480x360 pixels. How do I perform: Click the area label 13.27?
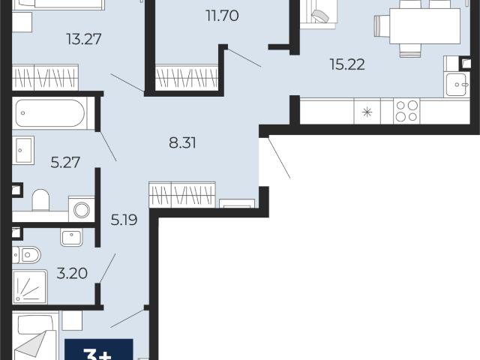(x=83, y=39)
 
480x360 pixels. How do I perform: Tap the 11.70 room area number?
(x=223, y=16)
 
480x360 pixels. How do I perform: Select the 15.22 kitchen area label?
(x=347, y=64)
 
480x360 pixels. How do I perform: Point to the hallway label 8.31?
(x=182, y=143)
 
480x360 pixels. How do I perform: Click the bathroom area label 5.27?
(x=65, y=163)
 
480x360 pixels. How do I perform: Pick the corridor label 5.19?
(x=124, y=220)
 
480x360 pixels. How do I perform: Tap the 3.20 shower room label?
(x=72, y=273)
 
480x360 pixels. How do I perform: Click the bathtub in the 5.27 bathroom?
(x=50, y=113)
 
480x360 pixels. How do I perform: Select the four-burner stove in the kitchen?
(x=406, y=111)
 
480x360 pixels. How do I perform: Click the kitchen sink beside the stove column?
(x=457, y=85)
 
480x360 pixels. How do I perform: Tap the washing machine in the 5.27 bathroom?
(x=82, y=209)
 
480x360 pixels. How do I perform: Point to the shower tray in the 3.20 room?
(x=30, y=286)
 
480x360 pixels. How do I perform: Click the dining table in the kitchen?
(x=425, y=26)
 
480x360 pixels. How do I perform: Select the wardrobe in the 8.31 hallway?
(x=182, y=195)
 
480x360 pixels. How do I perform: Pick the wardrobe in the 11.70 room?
(x=187, y=77)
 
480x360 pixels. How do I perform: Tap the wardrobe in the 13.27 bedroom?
(x=45, y=77)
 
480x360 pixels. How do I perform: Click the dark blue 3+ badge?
(x=99, y=349)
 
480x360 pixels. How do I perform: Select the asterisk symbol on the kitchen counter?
(x=367, y=112)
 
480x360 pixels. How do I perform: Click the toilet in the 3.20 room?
(x=27, y=255)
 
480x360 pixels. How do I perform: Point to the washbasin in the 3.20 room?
(x=72, y=237)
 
